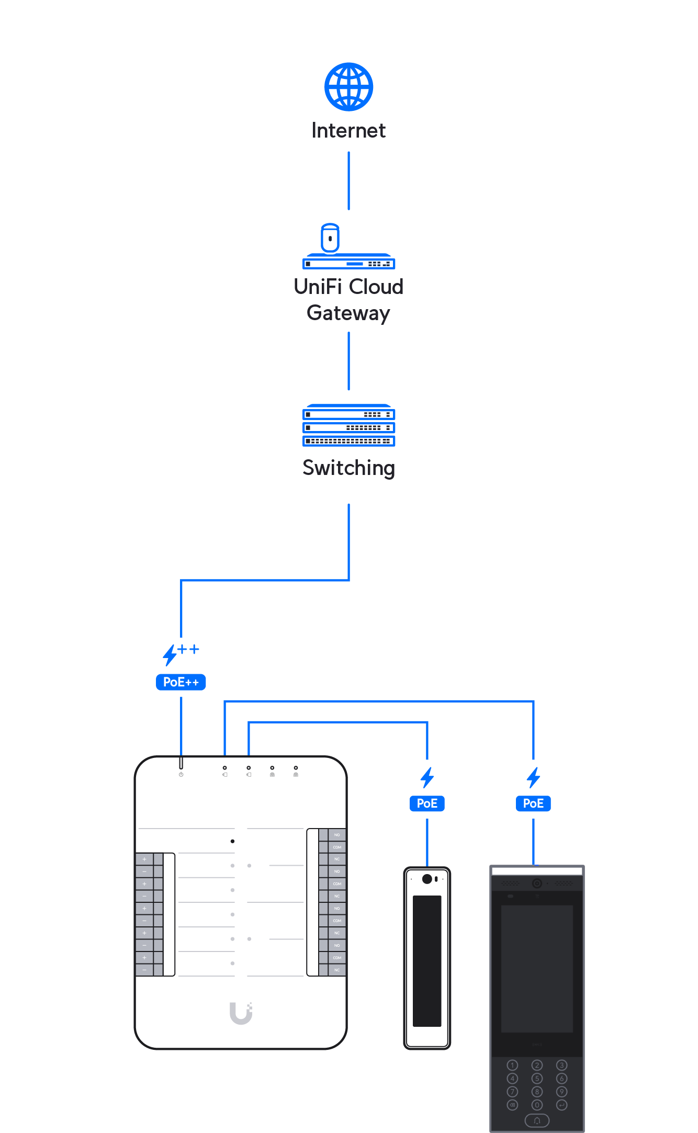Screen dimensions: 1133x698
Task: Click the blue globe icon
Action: click(348, 87)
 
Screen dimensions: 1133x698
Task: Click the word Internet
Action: click(348, 130)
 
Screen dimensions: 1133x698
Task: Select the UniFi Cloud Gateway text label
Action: click(348, 300)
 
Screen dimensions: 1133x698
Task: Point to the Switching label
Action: click(348, 468)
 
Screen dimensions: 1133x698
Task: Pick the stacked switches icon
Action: click(348, 426)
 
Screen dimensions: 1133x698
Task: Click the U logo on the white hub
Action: click(241, 1013)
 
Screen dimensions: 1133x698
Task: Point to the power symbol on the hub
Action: click(181, 775)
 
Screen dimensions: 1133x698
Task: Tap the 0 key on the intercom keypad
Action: click(537, 1105)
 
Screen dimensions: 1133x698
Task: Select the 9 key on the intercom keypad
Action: click(561, 1092)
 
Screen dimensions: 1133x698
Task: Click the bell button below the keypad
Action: click(537, 1120)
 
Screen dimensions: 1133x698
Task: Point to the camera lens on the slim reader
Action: click(427, 879)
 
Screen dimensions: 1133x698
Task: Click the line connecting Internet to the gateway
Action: click(348, 181)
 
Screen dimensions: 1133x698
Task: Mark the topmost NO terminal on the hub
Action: click(337, 835)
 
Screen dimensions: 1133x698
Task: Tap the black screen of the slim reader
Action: click(427, 961)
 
